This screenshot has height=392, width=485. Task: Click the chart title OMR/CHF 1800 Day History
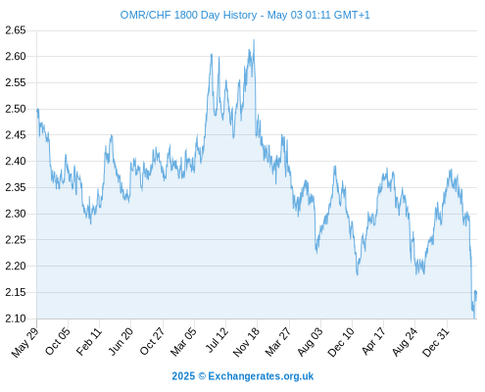point(188,15)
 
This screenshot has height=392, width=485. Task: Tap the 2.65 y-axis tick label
point(16,30)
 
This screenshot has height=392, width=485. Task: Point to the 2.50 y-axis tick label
point(16,109)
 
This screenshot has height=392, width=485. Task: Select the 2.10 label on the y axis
point(16,318)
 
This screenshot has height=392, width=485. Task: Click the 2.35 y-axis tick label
point(16,187)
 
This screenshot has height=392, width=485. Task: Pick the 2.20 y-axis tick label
point(16,266)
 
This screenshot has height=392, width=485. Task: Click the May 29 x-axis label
point(25,342)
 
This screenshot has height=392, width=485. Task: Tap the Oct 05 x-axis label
point(58,341)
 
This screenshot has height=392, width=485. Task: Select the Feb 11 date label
point(89,341)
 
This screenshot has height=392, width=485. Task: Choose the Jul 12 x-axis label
point(217,340)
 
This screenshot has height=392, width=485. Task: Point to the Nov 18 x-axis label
point(246,341)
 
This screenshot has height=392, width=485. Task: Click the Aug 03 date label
point(310,341)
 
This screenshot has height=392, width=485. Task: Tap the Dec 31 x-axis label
point(436,342)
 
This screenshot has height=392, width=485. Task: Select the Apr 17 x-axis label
point(373,341)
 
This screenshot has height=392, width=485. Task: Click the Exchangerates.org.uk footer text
point(261,376)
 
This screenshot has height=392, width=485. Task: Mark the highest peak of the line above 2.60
point(254,40)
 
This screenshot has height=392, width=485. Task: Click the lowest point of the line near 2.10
point(474,318)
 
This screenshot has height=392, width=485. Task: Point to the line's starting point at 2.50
point(37,110)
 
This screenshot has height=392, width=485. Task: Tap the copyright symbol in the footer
point(202,376)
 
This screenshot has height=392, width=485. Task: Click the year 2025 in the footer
point(183,376)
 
